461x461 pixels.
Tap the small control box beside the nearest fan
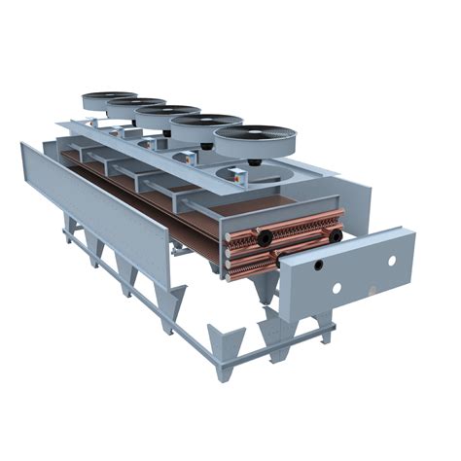point(236,176)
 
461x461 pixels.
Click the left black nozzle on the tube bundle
point(265,238)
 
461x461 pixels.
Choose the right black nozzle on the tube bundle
point(335,234)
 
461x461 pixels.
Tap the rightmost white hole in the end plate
point(392,261)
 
